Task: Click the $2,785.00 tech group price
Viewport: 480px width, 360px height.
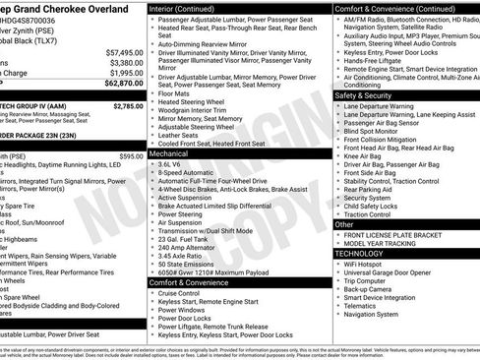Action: [127, 105]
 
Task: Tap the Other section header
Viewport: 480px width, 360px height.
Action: [345, 224]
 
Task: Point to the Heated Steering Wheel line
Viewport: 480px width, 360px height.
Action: [198, 101]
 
